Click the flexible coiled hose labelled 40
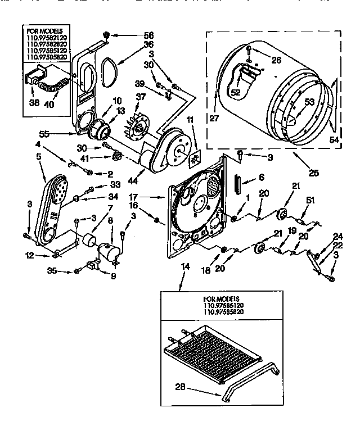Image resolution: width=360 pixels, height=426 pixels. (53, 89)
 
